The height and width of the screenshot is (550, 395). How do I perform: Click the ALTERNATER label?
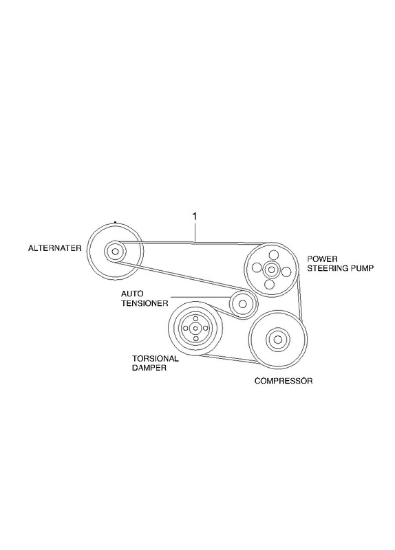tap(54, 248)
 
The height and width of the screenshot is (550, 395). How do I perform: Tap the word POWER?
tap(322, 259)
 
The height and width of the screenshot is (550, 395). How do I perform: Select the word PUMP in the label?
tap(362, 268)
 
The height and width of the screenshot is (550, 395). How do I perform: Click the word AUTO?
tap(132, 294)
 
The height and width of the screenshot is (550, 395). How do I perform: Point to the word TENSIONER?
tap(145, 303)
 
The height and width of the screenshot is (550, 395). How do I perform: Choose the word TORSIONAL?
tap(155, 358)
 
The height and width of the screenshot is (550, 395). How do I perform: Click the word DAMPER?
tap(149, 368)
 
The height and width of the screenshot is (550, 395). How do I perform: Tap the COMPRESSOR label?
tap(284, 381)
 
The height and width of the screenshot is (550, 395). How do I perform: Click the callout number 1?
tap(195, 217)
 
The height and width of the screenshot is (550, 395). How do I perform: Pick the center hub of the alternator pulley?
tap(115, 251)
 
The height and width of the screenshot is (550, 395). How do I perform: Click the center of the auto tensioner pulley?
tap(242, 303)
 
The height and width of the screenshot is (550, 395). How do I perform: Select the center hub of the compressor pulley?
tap(277, 339)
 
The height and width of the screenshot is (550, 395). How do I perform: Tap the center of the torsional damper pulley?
tap(195, 329)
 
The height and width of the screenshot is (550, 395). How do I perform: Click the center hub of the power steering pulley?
tap(271, 269)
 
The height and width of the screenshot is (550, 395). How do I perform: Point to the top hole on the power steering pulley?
tap(273, 254)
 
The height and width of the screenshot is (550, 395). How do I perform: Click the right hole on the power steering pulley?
tap(286, 272)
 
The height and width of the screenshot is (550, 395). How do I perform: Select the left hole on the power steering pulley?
tap(256, 267)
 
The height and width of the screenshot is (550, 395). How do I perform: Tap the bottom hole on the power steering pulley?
tap(269, 284)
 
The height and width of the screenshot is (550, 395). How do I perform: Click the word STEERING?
tap(328, 268)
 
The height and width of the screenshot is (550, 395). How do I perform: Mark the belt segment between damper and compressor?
tap(228, 359)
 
